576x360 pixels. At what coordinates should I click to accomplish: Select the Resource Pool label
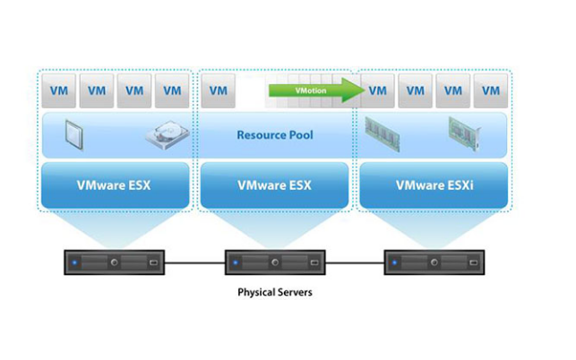[x=276, y=135]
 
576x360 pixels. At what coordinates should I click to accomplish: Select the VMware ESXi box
[x=434, y=185]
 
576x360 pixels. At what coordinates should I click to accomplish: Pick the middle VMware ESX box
[x=276, y=185]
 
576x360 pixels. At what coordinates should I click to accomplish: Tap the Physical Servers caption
[x=275, y=293]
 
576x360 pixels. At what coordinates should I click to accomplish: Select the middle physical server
[x=275, y=263]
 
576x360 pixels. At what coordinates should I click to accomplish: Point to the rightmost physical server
[x=434, y=263]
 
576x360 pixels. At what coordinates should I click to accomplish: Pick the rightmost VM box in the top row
[x=490, y=90]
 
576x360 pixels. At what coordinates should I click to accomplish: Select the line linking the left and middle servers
[x=195, y=263]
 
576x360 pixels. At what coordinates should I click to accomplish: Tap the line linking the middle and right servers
[x=355, y=263]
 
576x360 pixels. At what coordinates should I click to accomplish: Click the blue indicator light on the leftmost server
[x=76, y=263]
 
